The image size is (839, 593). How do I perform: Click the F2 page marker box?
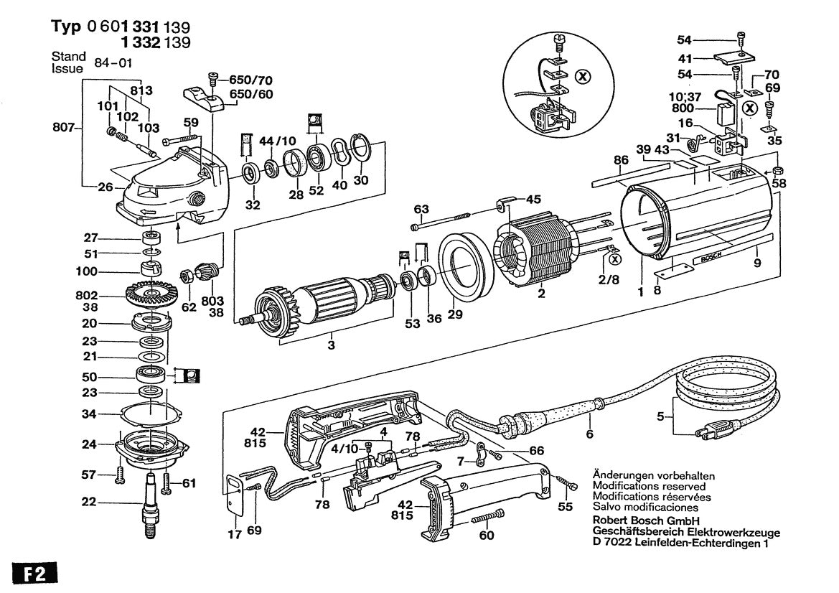pos(34,575)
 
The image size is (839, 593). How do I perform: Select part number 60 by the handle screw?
pos(487,536)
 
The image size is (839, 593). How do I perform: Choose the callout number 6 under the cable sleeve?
pos(589,434)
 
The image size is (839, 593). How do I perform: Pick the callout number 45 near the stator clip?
pos(533,199)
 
